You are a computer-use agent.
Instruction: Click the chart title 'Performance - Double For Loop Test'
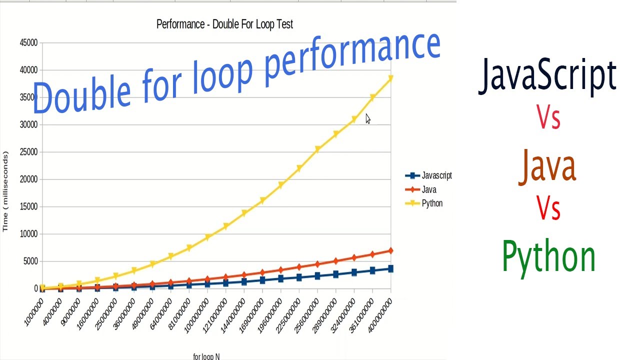click(x=224, y=24)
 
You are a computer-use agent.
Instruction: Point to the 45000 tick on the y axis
click(x=28, y=43)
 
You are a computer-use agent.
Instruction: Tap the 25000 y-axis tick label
click(x=28, y=152)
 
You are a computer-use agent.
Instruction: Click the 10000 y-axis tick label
click(x=28, y=234)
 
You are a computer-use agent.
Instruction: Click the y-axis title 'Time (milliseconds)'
click(x=5, y=191)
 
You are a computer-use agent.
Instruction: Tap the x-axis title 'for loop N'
click(x=206, y=356)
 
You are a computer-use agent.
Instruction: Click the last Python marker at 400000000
click(x=390, y=78)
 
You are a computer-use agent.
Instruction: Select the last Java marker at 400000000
click(x=390, y=250)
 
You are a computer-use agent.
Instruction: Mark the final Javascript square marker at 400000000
click(x=390, y=269)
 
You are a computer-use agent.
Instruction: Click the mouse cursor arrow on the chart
click(x=367, y=118)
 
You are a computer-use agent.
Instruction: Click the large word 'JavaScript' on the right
click(x=547, y=76)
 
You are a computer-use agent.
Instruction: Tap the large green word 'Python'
click(x=548, y=256)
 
